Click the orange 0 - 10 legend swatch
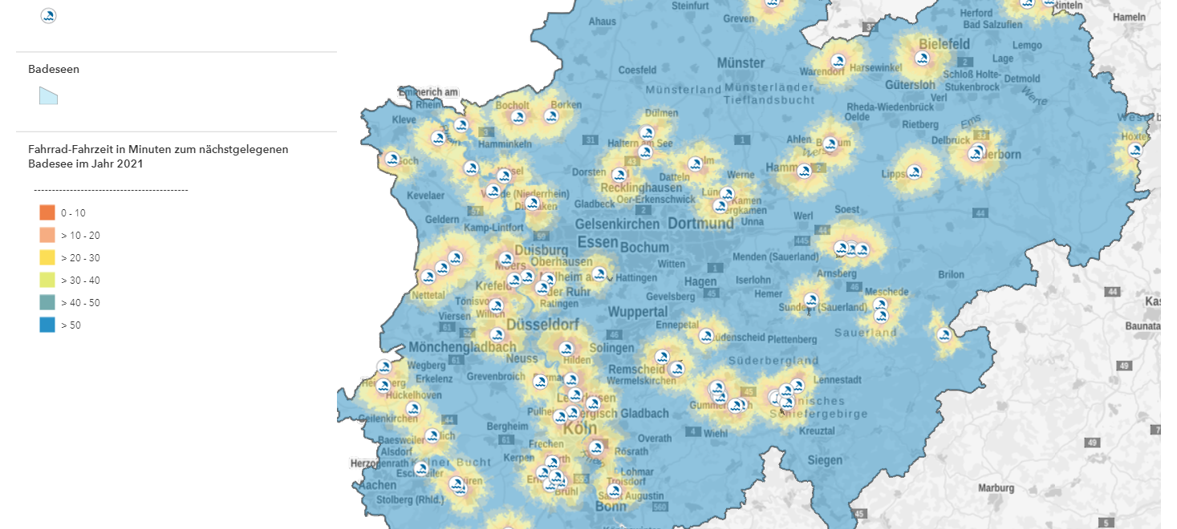tap(47, 212)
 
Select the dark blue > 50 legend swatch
tap(47, 325)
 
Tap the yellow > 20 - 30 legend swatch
tap(47, 257)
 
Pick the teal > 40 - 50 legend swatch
tap(47, 302)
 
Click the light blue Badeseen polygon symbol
tap(48, 96)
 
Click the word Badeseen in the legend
tap(54, 69)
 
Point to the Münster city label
tap(741, 63)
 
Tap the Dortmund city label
tap(700, 223)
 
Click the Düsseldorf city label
tap(542, 325)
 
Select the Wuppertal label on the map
tap(638, 311)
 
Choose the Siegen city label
tap(825, 460)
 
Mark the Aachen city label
tap(377, 485)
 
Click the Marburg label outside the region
tap(996, 487)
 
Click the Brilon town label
tap(951, 274)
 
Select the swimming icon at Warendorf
tap(838, 61)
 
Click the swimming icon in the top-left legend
tap(48, 15)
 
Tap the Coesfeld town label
tap(637, 70)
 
